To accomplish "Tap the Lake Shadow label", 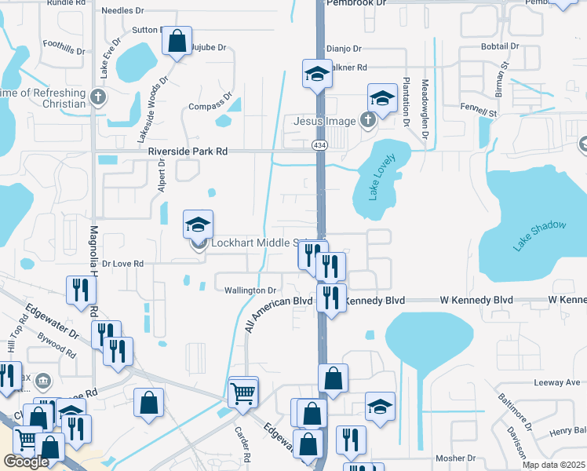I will click(540, 235).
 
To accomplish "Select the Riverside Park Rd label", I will click(188, 151).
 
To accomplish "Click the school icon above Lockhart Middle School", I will click(199, 225).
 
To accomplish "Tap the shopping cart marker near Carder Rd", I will click(243, 392).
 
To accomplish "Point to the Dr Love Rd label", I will click(123, 265).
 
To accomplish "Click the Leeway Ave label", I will click(557, 383).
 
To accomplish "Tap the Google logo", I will click(26, 462).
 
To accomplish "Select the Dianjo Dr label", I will click(343, 48).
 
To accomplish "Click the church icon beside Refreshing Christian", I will click(97, 97).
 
